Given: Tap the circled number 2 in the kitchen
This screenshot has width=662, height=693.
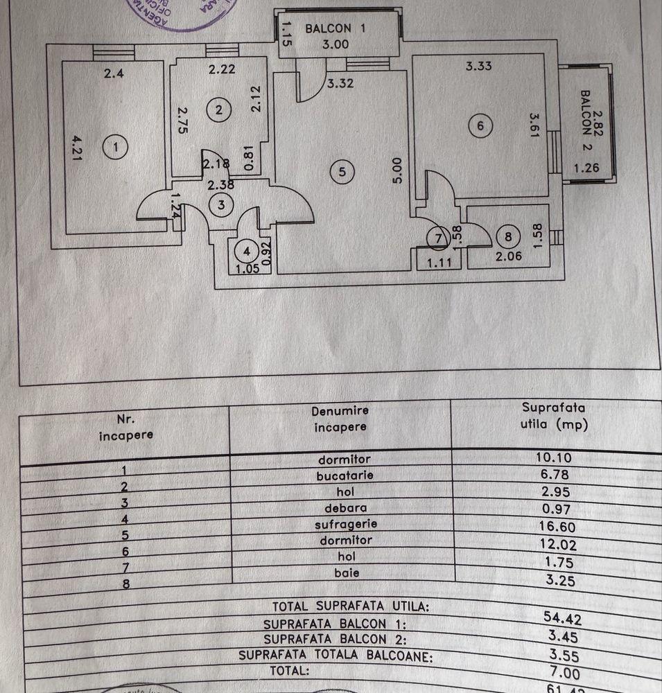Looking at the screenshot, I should (x=219, y=109).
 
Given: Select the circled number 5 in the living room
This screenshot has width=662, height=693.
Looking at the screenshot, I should (x=341, y=171).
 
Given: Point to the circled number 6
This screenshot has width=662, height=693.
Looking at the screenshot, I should (x=480, y=126).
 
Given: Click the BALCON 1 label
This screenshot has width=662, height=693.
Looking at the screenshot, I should (x=334, y=28).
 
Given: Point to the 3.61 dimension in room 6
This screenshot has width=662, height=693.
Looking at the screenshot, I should (x=534, y=126).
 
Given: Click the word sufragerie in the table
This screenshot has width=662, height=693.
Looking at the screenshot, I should (x=345, y=524).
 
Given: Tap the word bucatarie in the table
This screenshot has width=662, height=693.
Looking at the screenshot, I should (x=345, y=475).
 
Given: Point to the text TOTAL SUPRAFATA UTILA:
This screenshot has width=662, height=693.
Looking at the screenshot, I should (x=351, y=606).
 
